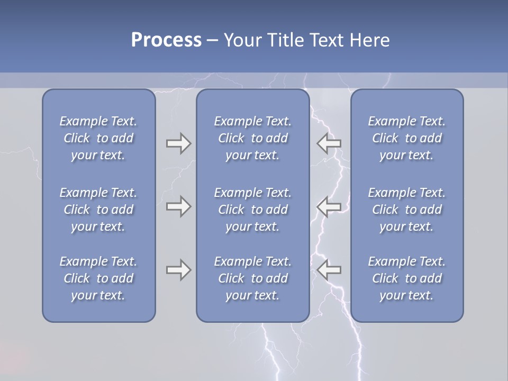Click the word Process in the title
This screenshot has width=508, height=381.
(x=166, y=40)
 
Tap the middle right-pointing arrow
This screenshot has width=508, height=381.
(x=178, y=206)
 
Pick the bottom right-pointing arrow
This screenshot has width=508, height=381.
(x=178, y=270)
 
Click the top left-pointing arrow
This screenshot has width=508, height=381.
(x=329, y=143)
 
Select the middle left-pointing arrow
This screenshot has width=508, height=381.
(x=329, y=206)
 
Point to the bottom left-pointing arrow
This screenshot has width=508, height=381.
(x=329, y=270)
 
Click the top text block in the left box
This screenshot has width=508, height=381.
(x=98, y=138)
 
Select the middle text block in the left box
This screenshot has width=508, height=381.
(x=98, y=210)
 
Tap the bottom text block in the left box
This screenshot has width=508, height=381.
(x=98, y=278)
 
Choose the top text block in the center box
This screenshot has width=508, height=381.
(x=253, y=138)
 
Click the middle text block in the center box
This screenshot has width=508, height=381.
(x=253, y=210)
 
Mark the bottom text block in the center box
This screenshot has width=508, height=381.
(x=253, y=278)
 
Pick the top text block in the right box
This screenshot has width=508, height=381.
(x=407, y=138)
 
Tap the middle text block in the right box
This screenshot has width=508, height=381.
(x=407, y=210)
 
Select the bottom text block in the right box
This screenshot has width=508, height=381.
(x=407, y=278)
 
